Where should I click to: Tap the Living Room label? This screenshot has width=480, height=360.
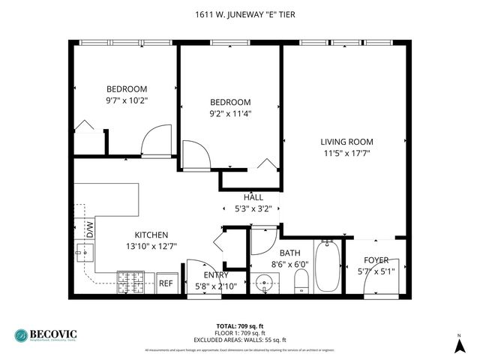[346, 142]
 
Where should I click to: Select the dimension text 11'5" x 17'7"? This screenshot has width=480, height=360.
[346, 153]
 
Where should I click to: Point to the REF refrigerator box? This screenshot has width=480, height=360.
[166, 283]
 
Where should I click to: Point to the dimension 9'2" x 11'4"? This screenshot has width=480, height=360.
[230, 114]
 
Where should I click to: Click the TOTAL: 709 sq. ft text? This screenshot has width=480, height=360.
[240, 325]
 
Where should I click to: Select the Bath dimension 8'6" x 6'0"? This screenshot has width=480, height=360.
[289, 265]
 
